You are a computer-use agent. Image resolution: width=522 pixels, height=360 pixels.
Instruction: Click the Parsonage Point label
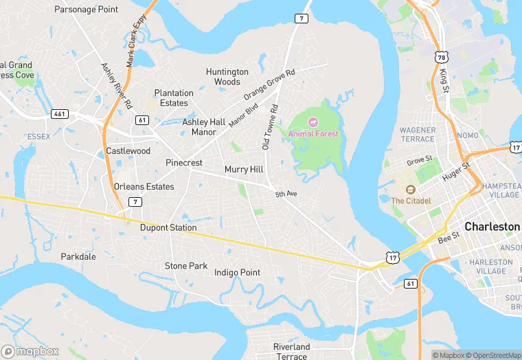click(86, 10)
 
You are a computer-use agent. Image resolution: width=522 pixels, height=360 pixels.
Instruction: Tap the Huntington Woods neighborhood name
click(227, 77)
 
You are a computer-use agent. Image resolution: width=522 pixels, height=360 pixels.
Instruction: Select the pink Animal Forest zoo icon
click(313, 122)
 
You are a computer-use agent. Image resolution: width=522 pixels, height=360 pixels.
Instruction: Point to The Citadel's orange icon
click(411, 190)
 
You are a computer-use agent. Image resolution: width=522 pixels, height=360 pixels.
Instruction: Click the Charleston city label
click(492, 226)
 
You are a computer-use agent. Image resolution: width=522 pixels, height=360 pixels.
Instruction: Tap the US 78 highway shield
click(440, 54)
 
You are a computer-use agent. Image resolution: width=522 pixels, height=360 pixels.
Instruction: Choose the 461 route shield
click(60, 113)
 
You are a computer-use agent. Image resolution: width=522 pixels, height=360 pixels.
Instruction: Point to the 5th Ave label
click(286, 194)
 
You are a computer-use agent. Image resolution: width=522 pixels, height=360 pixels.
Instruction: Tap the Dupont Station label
click(168, 227)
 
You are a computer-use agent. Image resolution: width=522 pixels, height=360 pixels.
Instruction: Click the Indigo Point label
click(237, 273)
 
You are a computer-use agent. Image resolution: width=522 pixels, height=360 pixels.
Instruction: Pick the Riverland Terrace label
click(291, 352)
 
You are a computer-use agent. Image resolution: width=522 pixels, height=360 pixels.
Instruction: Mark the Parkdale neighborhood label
click(78, 257)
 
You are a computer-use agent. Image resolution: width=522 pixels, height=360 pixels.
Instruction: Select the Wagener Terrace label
click(418, 134)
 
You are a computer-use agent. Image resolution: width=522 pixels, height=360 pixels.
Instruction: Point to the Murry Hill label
click(244, 169)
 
